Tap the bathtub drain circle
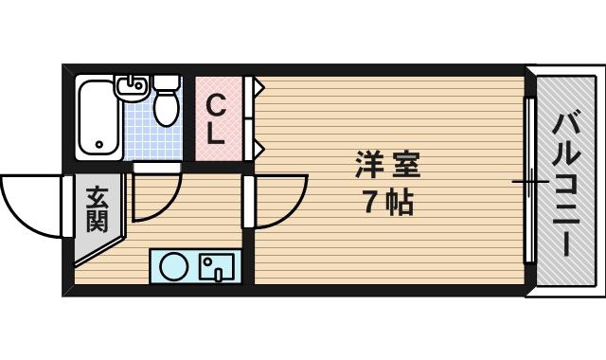(99, 145)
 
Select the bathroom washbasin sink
(133, 87)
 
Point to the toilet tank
(167, 82)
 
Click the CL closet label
(215, 119)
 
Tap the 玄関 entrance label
(97, 209)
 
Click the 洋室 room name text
(387, 165)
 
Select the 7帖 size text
(388, 202)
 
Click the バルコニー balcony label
(566, 185)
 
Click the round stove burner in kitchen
(174, 266)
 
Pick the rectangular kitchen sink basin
(217, 267)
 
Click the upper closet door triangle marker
(258, 86)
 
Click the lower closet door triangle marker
(258, 149)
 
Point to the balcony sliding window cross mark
(530, 181)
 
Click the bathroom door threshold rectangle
(157, 168)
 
